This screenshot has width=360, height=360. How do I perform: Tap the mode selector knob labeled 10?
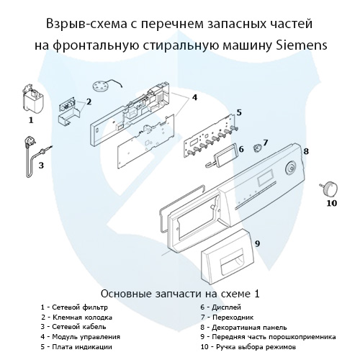click(x=330, y=187)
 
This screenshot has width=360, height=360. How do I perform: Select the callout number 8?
click(x=305, y=151)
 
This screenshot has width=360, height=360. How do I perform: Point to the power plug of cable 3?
click(x=31, y=143)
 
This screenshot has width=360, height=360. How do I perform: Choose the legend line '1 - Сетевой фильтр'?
click(x=74, y=307)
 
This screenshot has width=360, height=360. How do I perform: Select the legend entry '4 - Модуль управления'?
click(x=81, y=336)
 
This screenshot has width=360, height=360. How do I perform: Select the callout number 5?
click(x=238, y=112)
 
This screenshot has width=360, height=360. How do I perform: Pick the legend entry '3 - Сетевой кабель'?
click(x=75, y=327)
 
